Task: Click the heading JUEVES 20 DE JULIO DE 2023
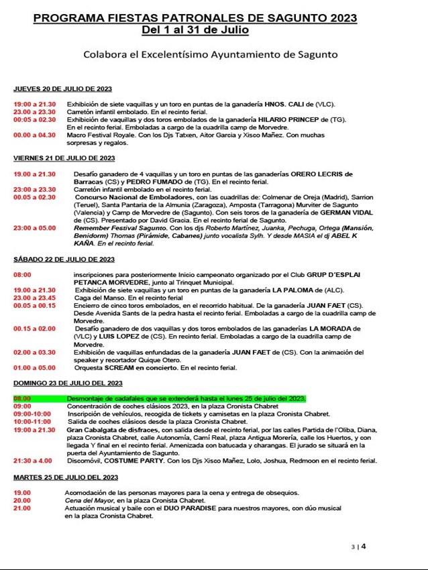pyautogui.click(x=62, y=89)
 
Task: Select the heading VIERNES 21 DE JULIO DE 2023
pyautogui.click(x=64, y=158)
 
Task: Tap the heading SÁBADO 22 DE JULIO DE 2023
pyautogui.click(x=64, y=260)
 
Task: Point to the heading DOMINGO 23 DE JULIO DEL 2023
pyautogui.click(x=68, y=383)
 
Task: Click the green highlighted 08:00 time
pyautogui.click(x=22, y=398)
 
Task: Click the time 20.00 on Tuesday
pyautogui.click(x=22, y=500)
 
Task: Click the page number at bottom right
pyautogui.click(x=364, y=546)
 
